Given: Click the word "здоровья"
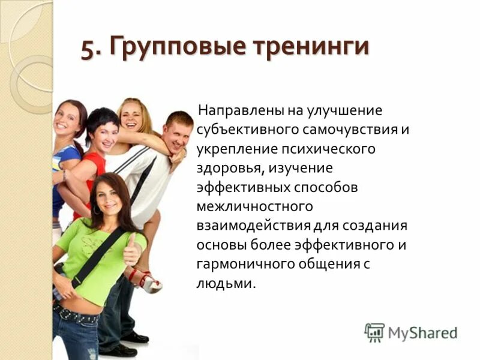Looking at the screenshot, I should tap(229, 169).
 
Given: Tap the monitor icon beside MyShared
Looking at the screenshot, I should tap(374, 332).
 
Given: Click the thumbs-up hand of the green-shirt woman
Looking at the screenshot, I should tap(132, 252).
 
